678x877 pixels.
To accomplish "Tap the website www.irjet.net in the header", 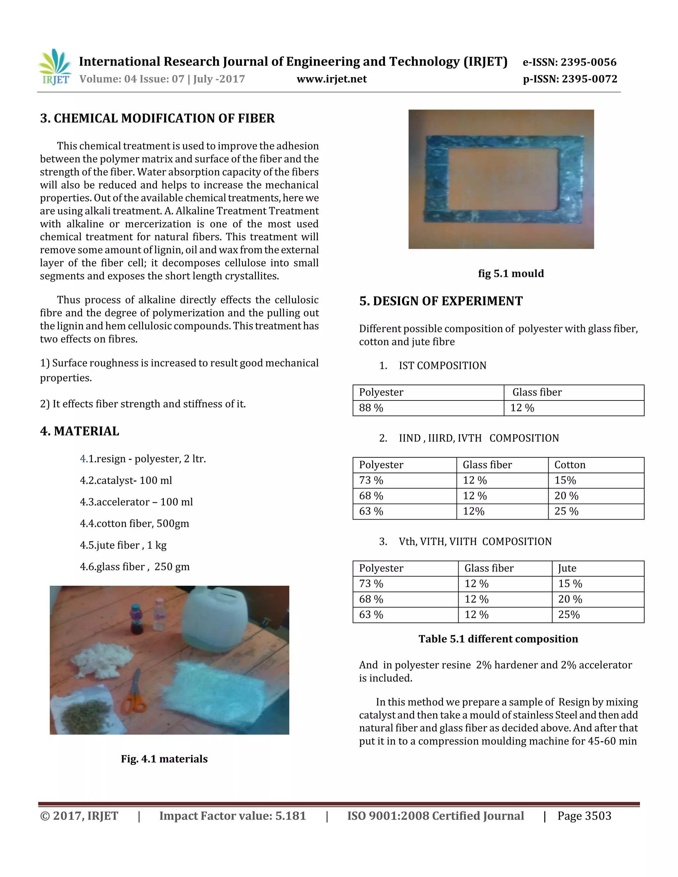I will click(x=331, y=79).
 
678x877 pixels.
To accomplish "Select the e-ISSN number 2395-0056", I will click(x=569, y=62).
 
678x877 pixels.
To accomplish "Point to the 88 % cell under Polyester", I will click(x=371, y=408).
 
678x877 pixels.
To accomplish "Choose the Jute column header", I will click(x=567, y=568).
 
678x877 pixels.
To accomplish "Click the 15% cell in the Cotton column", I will click(x=565, y=480).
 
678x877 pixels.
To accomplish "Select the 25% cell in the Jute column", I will click(x=569, y=615).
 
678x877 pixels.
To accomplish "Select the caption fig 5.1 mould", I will click(x=510, y=274).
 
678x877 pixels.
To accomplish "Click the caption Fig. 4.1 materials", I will click(x=164, y=759).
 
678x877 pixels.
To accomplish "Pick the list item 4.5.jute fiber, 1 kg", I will click(x=123, y=545).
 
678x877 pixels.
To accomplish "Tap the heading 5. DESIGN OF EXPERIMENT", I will click(x=441, y=301).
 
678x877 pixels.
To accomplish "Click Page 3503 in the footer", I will click(x=584, y=816).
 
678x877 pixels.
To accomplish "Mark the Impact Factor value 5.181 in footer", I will click(x=232, y=816).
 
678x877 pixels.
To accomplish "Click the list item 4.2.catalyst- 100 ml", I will click(x=126, y=481).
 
